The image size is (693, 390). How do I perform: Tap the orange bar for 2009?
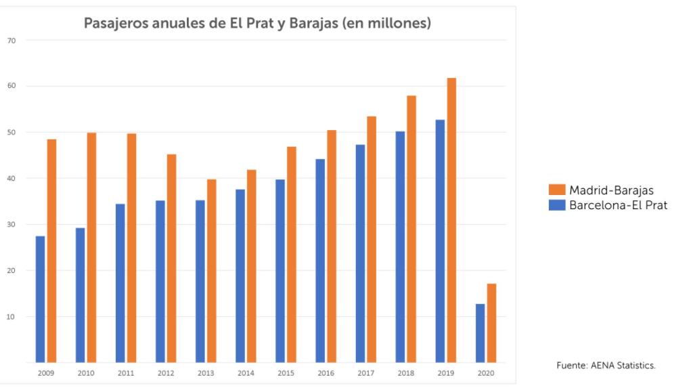click(x=51, y=251)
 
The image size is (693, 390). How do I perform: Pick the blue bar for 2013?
click(x=200, y=281)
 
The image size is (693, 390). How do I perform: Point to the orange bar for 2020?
click(x=491, y=323)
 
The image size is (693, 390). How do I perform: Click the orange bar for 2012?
click(x=172, y=258)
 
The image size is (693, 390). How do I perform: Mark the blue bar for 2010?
click(x=81, y=295)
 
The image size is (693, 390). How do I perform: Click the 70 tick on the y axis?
click(x=12, y=41)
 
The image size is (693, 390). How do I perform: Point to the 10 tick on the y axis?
click(x=12, y=317)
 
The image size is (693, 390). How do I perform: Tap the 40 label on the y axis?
click(x=12, y=179)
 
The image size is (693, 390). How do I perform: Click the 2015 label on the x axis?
click(x=286, y=373)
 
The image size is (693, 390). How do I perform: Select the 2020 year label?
click(x=486, y=373)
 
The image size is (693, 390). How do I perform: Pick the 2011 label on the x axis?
click(x=125, y=373)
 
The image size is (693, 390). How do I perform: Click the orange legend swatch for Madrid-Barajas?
click(x=557, y=190)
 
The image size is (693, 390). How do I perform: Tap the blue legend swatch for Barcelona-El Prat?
click(x=557, y=204)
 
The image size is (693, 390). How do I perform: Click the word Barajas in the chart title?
click(x=313, y=23)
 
